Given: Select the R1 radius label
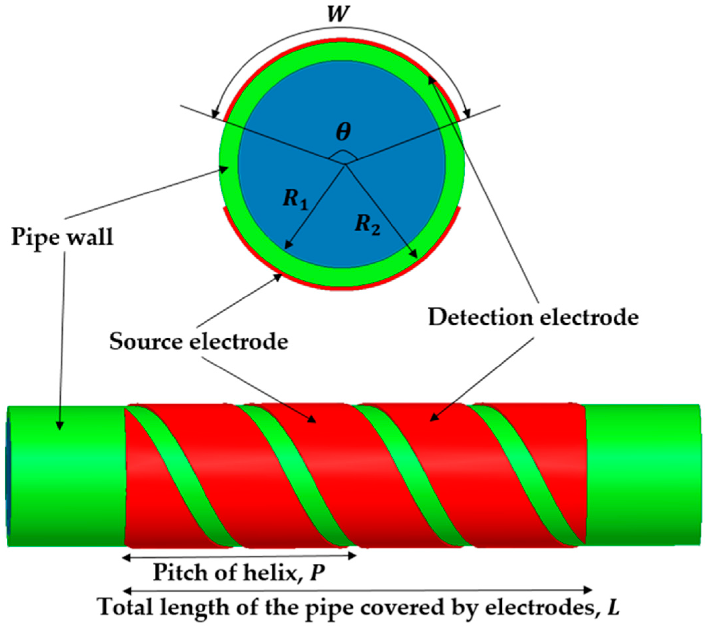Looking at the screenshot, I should (295, 199).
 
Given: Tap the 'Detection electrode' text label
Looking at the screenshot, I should (533, 317).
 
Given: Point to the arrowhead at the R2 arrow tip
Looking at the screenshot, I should (414, 255).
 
